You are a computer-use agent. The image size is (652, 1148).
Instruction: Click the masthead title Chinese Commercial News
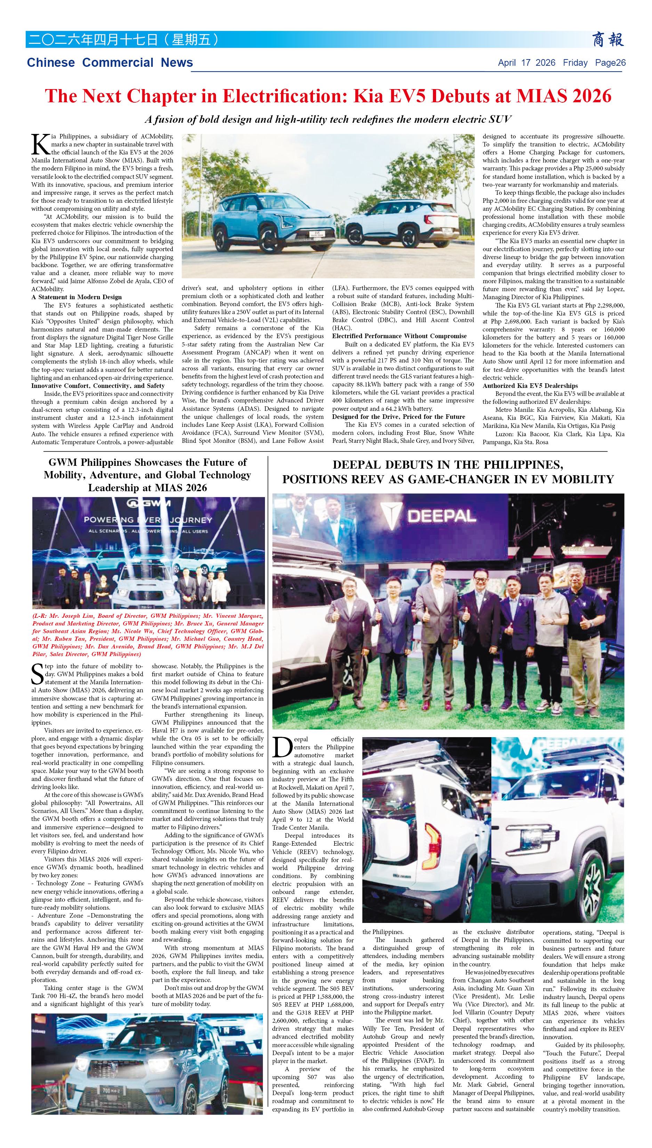tap(110, 63)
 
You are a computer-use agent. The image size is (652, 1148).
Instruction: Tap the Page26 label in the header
tap(610, 63)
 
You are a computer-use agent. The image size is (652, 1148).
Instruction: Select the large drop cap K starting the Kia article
tap(40, 145)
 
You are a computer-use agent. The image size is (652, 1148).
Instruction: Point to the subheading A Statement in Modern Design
tap(77, 297)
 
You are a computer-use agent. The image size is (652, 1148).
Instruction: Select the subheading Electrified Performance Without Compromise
tap(399, 336)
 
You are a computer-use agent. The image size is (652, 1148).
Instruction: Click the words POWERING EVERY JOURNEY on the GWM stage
tap(148, 520)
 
